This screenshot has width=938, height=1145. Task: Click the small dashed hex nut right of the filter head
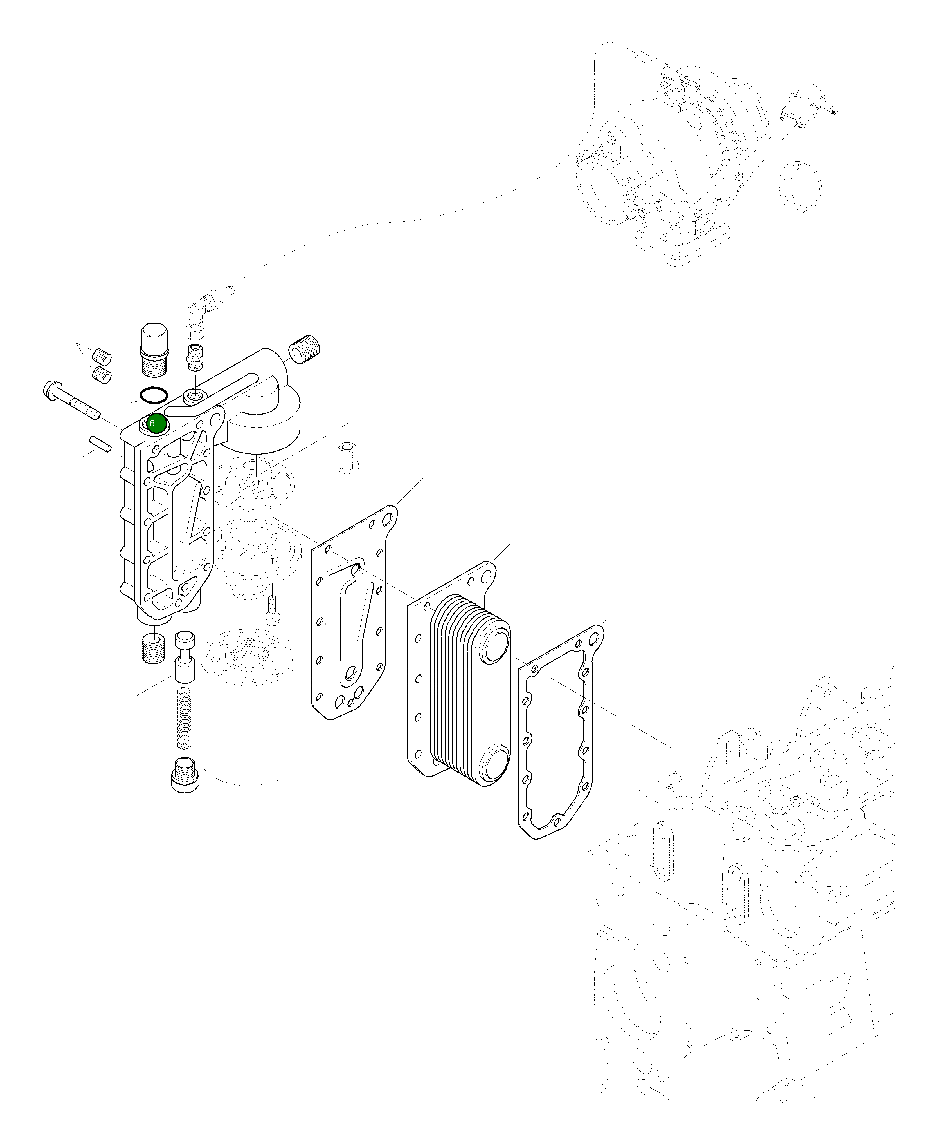pos(347,457)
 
